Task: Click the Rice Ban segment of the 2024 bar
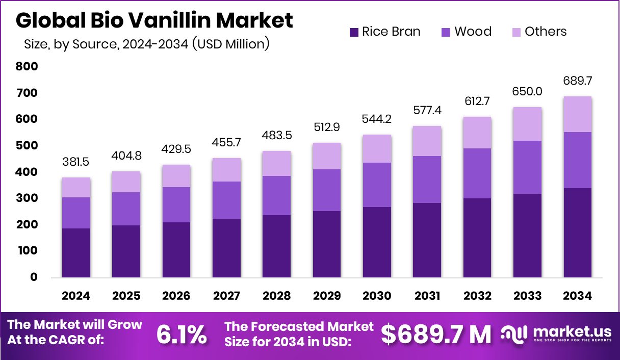point(76,253)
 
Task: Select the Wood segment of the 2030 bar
point(377,185)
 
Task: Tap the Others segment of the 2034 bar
point(578,114)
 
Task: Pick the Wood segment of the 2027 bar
point(227,200)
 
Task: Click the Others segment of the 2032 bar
point(477,133)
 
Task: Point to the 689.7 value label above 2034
point(578,81)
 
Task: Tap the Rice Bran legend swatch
point(354,32)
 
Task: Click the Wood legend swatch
point(446,32)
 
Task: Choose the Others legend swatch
point(516,32)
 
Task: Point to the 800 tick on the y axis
point(27,66)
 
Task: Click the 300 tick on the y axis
point(27,198)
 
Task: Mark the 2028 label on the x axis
point(277,296)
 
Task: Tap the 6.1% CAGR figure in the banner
point(182,335)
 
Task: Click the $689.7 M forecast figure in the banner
point(436,335)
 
